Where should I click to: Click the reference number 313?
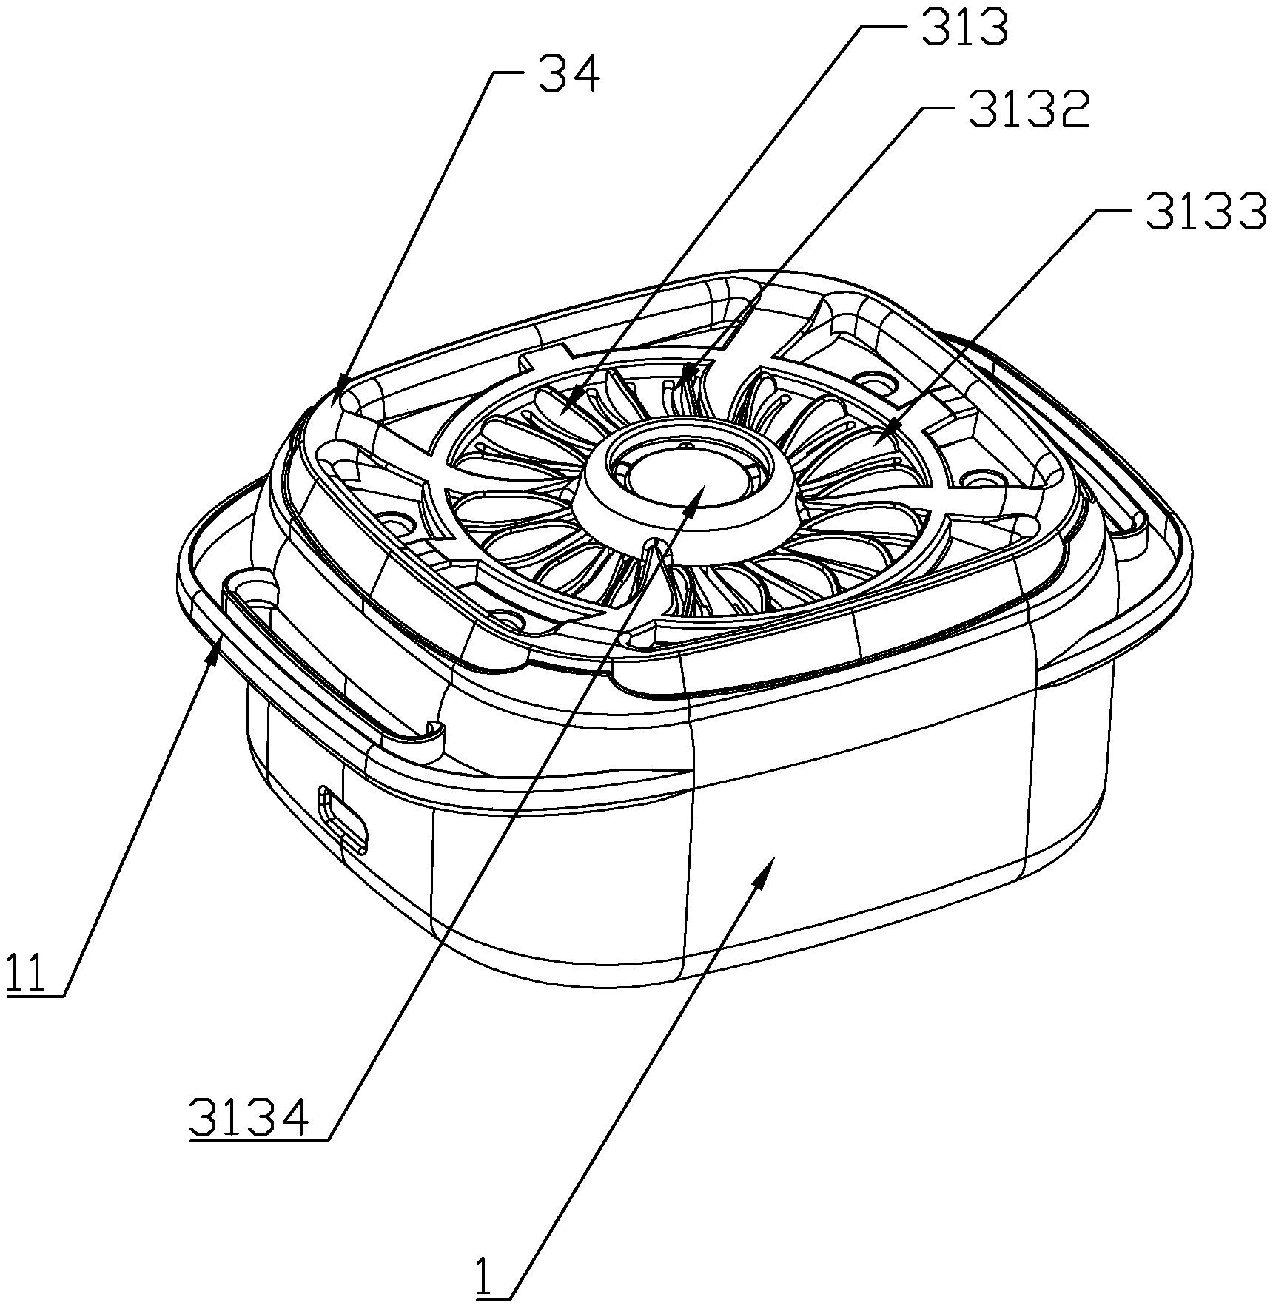[x=965, y=28]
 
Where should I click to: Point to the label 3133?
[x=1206, y=210]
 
